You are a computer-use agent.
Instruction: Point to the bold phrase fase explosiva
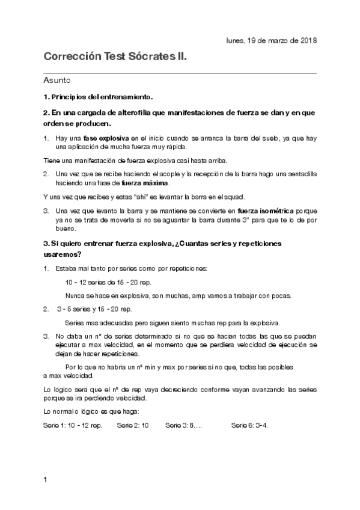point(106,138)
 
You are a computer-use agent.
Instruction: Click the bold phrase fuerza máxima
point(144,183)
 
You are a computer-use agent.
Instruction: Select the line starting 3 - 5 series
point(95,309)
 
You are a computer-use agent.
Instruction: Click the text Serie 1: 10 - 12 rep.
point(73,425)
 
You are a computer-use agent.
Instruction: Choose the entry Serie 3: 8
point(183,425)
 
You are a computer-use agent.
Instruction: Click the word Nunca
point(74,295)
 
